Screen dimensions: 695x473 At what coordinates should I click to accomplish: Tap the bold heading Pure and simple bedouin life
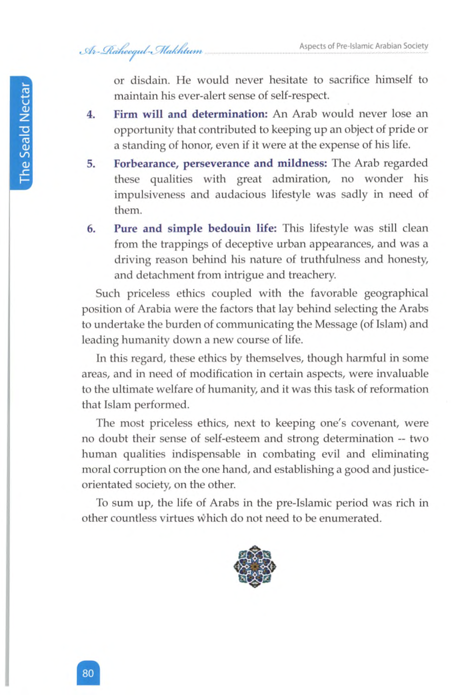(196, 229)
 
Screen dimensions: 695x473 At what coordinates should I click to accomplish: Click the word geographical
(397, 293)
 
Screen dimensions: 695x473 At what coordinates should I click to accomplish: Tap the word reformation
(399, 389)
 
